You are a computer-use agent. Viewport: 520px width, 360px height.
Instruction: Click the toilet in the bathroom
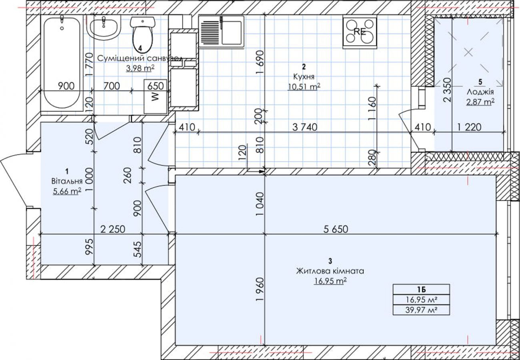click(142, 34)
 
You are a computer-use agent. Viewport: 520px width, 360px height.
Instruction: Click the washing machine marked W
click(155, 96)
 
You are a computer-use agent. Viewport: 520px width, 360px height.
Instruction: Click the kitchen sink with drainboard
click(221, 32)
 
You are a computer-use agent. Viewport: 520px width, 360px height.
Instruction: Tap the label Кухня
click(304, 76)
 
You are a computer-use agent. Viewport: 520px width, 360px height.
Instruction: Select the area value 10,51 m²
click(304, 87)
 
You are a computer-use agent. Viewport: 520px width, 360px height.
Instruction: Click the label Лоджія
click(480, 92)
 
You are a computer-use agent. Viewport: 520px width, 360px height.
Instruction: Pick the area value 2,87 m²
click(480, 102)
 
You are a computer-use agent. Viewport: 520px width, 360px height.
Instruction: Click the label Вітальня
click(67, 181)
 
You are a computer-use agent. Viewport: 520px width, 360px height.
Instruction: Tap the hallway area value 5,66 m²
click(67, 191)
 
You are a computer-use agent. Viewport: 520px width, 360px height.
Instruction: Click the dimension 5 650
click(336, 229)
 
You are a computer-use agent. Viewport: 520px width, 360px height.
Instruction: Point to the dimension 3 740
click(304, 127)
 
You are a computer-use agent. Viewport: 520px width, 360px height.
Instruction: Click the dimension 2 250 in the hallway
click(112, 229)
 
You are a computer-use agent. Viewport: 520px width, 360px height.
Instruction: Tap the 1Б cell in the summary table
click(421, 290)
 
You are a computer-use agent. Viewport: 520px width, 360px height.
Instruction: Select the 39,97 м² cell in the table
click(421, 310)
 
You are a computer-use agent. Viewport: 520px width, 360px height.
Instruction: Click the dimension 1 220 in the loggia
click(469, 127)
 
